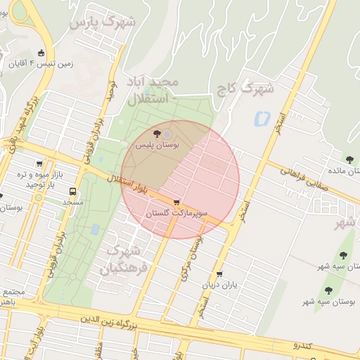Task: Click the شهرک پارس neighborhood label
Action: tap(103, 23)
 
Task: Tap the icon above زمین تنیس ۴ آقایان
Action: tap(41, 53)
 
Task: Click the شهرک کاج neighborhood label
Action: tap(255, 89)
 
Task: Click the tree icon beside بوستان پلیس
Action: tap(157, 133)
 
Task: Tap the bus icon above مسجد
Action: tap(73, 191)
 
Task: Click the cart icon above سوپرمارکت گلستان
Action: tap(175, 202)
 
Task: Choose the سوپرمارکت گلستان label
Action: tap(175, 212)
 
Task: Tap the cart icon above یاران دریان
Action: tap(220, 274)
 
